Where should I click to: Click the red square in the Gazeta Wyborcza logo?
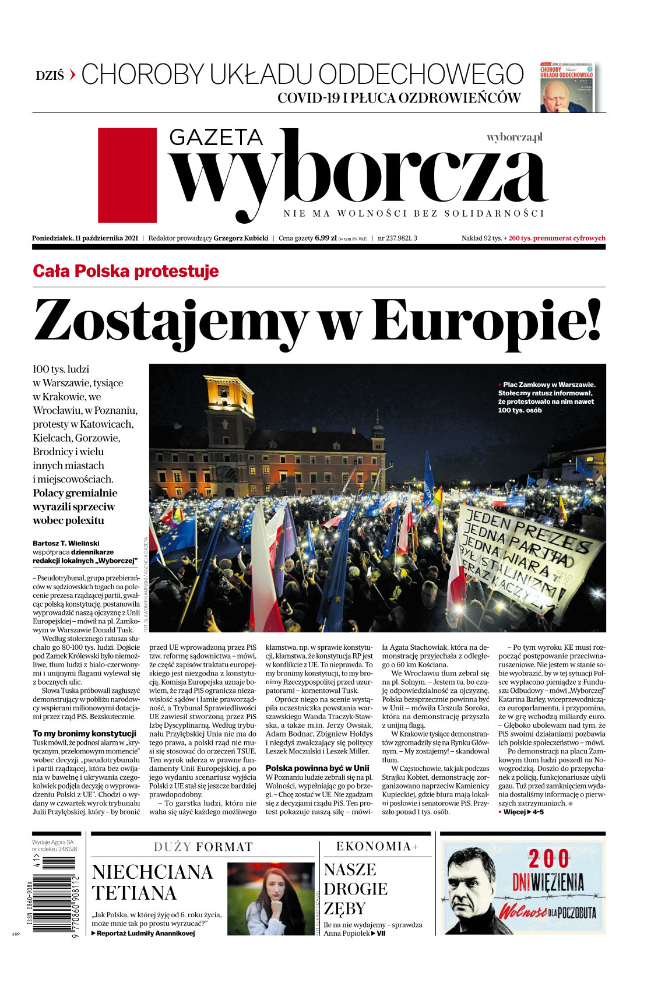click(127, 175)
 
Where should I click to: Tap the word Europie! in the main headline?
click(486, 320)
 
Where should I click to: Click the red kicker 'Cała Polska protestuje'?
click(126, 271)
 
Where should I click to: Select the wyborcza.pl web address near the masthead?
click(515, 138)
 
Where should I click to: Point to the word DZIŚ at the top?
click(50, 76)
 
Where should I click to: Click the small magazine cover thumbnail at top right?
click(567, 87)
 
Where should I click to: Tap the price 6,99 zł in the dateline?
click(325, 238)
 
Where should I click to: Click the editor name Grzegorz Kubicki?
click(241, 238)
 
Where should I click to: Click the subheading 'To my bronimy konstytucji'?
click(85, 734)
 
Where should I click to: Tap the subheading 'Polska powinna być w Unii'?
click(317, 768)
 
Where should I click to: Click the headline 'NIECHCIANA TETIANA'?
click(152, 882)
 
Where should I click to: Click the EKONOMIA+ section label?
click(377, 847)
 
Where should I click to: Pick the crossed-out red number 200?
click(548, 859)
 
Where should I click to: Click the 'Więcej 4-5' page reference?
click(523, 812)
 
